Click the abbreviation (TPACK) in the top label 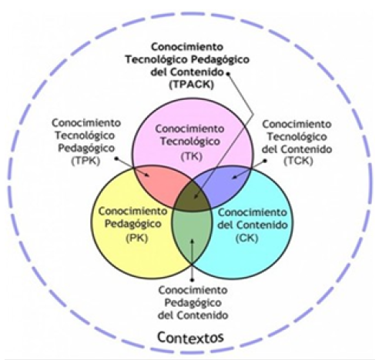192,85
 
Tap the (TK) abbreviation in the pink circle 192,156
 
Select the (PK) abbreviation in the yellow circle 137,238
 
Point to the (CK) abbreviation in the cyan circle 246,238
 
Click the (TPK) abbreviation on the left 85,162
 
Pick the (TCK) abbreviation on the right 298,161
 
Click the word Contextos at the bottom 190,338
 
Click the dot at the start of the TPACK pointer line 227,74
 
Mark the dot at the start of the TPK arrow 116,158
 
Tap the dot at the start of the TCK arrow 266,161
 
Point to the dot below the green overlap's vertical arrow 193,279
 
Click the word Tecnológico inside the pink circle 190,142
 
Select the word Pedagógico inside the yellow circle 133,224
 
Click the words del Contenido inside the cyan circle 253,225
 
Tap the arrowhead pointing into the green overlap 193,242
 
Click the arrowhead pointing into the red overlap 147,175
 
